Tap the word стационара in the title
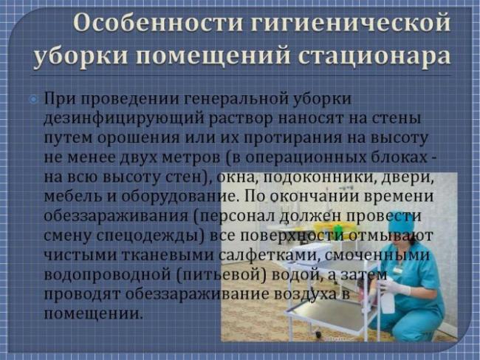click(x=374, y=56)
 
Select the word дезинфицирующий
click(x=123, y=119)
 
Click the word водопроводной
click(x=107, y=275)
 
